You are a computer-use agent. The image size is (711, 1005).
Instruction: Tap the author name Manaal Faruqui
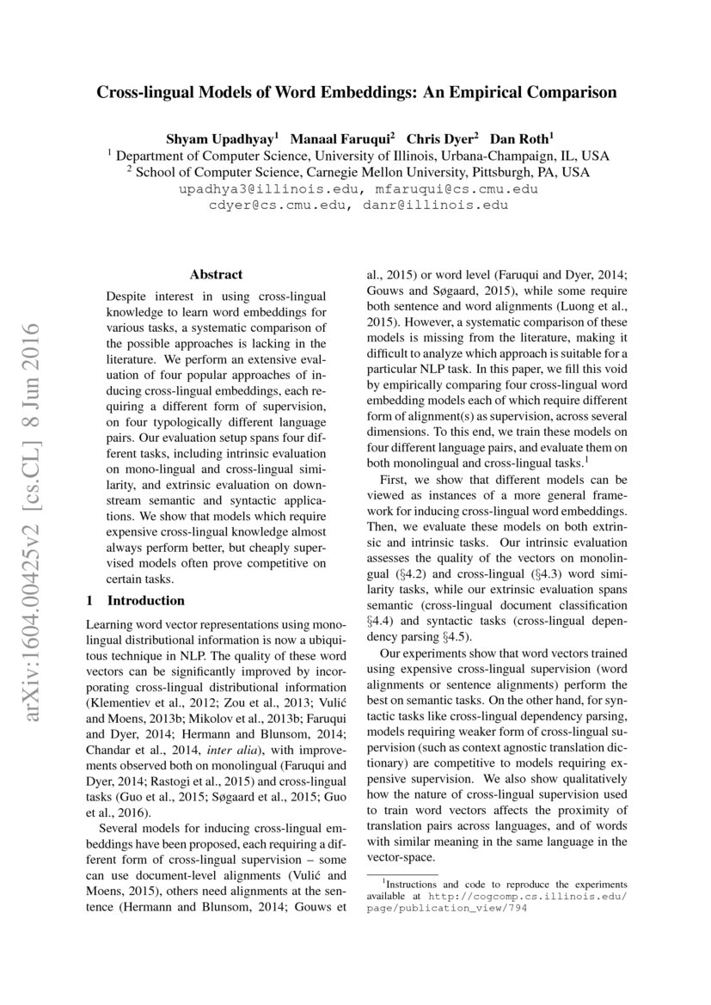click(x=342, y=138)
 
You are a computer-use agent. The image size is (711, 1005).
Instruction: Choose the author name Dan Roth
click(x=522, y=138)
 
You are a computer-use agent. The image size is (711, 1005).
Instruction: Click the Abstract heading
click(x=216, y=275)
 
